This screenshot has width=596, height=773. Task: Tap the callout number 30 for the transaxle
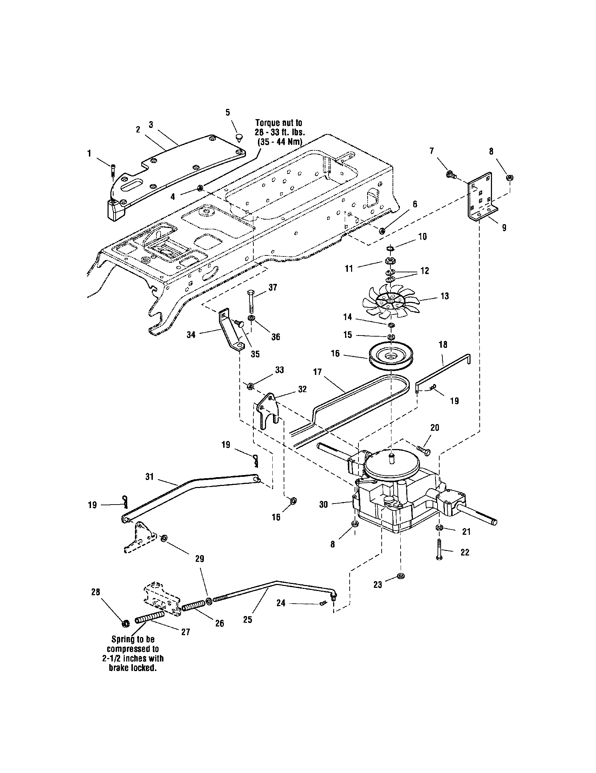(x=324, y=505)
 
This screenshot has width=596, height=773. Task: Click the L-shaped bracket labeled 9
(x=480, y=196)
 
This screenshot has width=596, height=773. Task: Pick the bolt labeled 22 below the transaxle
(x=439, y=550)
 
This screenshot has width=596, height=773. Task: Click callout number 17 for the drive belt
(x=317, y=372)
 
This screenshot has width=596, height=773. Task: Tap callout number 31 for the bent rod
(x=149, y=477)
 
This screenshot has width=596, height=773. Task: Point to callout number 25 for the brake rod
(x=248, y=619)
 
